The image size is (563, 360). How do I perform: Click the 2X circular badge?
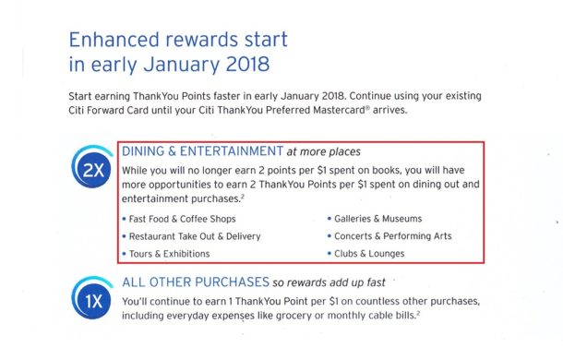91,171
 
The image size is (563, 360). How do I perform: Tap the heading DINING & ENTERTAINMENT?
202,150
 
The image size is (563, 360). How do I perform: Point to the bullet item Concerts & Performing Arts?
391,236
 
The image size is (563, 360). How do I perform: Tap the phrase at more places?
323,150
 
